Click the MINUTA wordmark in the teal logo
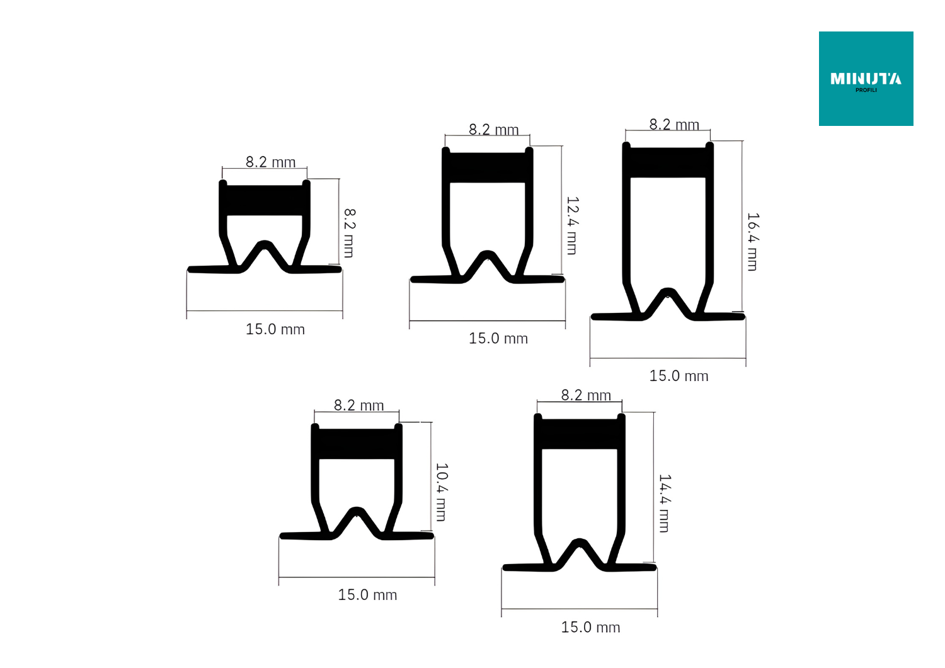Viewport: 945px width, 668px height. [x=866, y=79]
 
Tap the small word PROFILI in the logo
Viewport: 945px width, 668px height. [x=866, y=90]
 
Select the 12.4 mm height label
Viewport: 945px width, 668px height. [x=572, y=225]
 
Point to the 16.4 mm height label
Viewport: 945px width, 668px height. [x=753, y=242]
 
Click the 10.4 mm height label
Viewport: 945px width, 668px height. [x=441, y=492]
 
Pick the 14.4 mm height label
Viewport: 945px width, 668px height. [x=665, y=503]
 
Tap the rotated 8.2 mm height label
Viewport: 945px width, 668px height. [x=349, y=233]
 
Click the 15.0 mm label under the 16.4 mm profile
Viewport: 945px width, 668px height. [x=679, y=376]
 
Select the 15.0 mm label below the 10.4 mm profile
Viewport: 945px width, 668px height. [x=367, y=594]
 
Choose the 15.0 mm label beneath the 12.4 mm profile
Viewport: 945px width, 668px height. [x=498, y=338]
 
